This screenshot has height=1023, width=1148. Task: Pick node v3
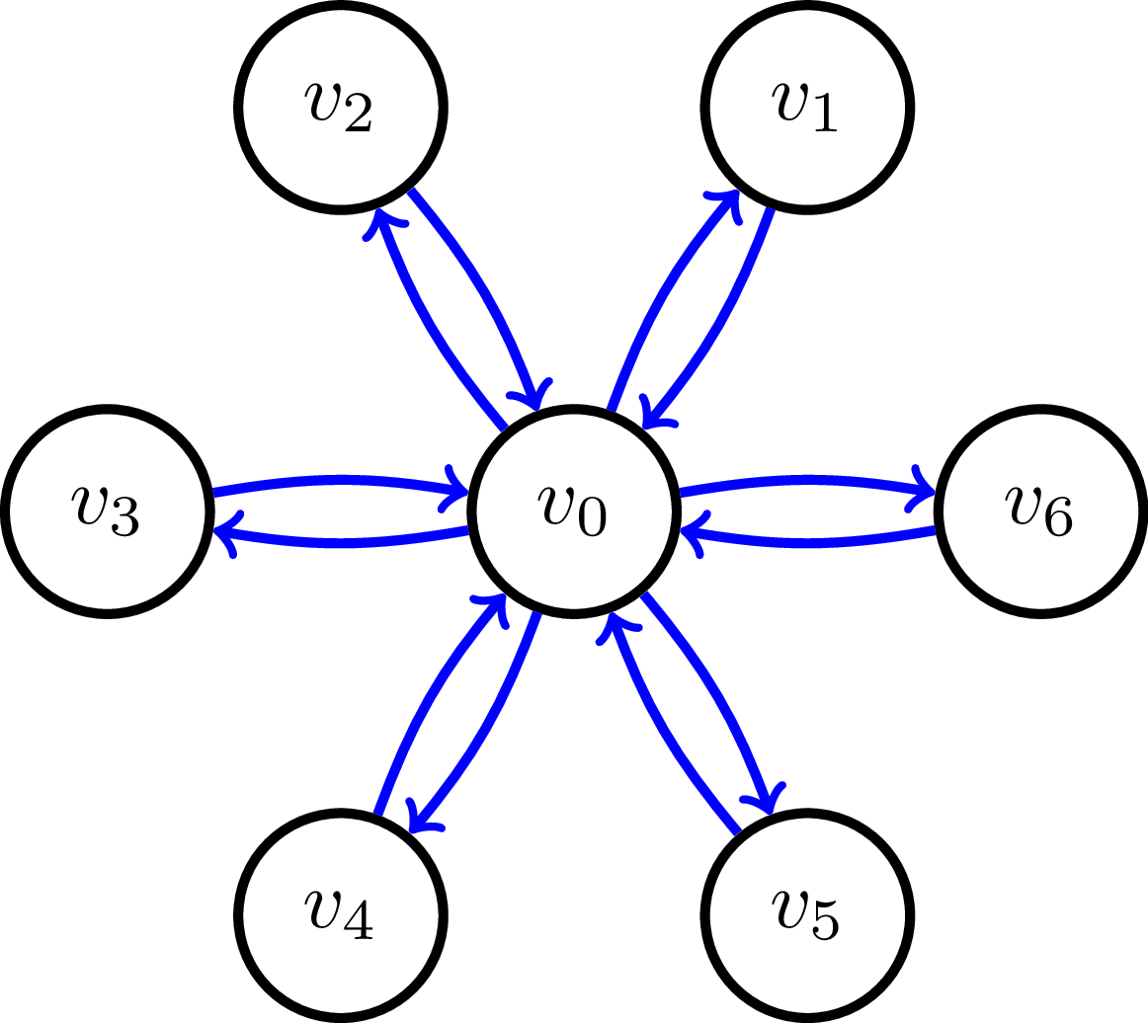click(107, 511)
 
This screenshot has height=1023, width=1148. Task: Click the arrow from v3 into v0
click(341, 481)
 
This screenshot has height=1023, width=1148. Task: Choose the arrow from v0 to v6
click(808, 481)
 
